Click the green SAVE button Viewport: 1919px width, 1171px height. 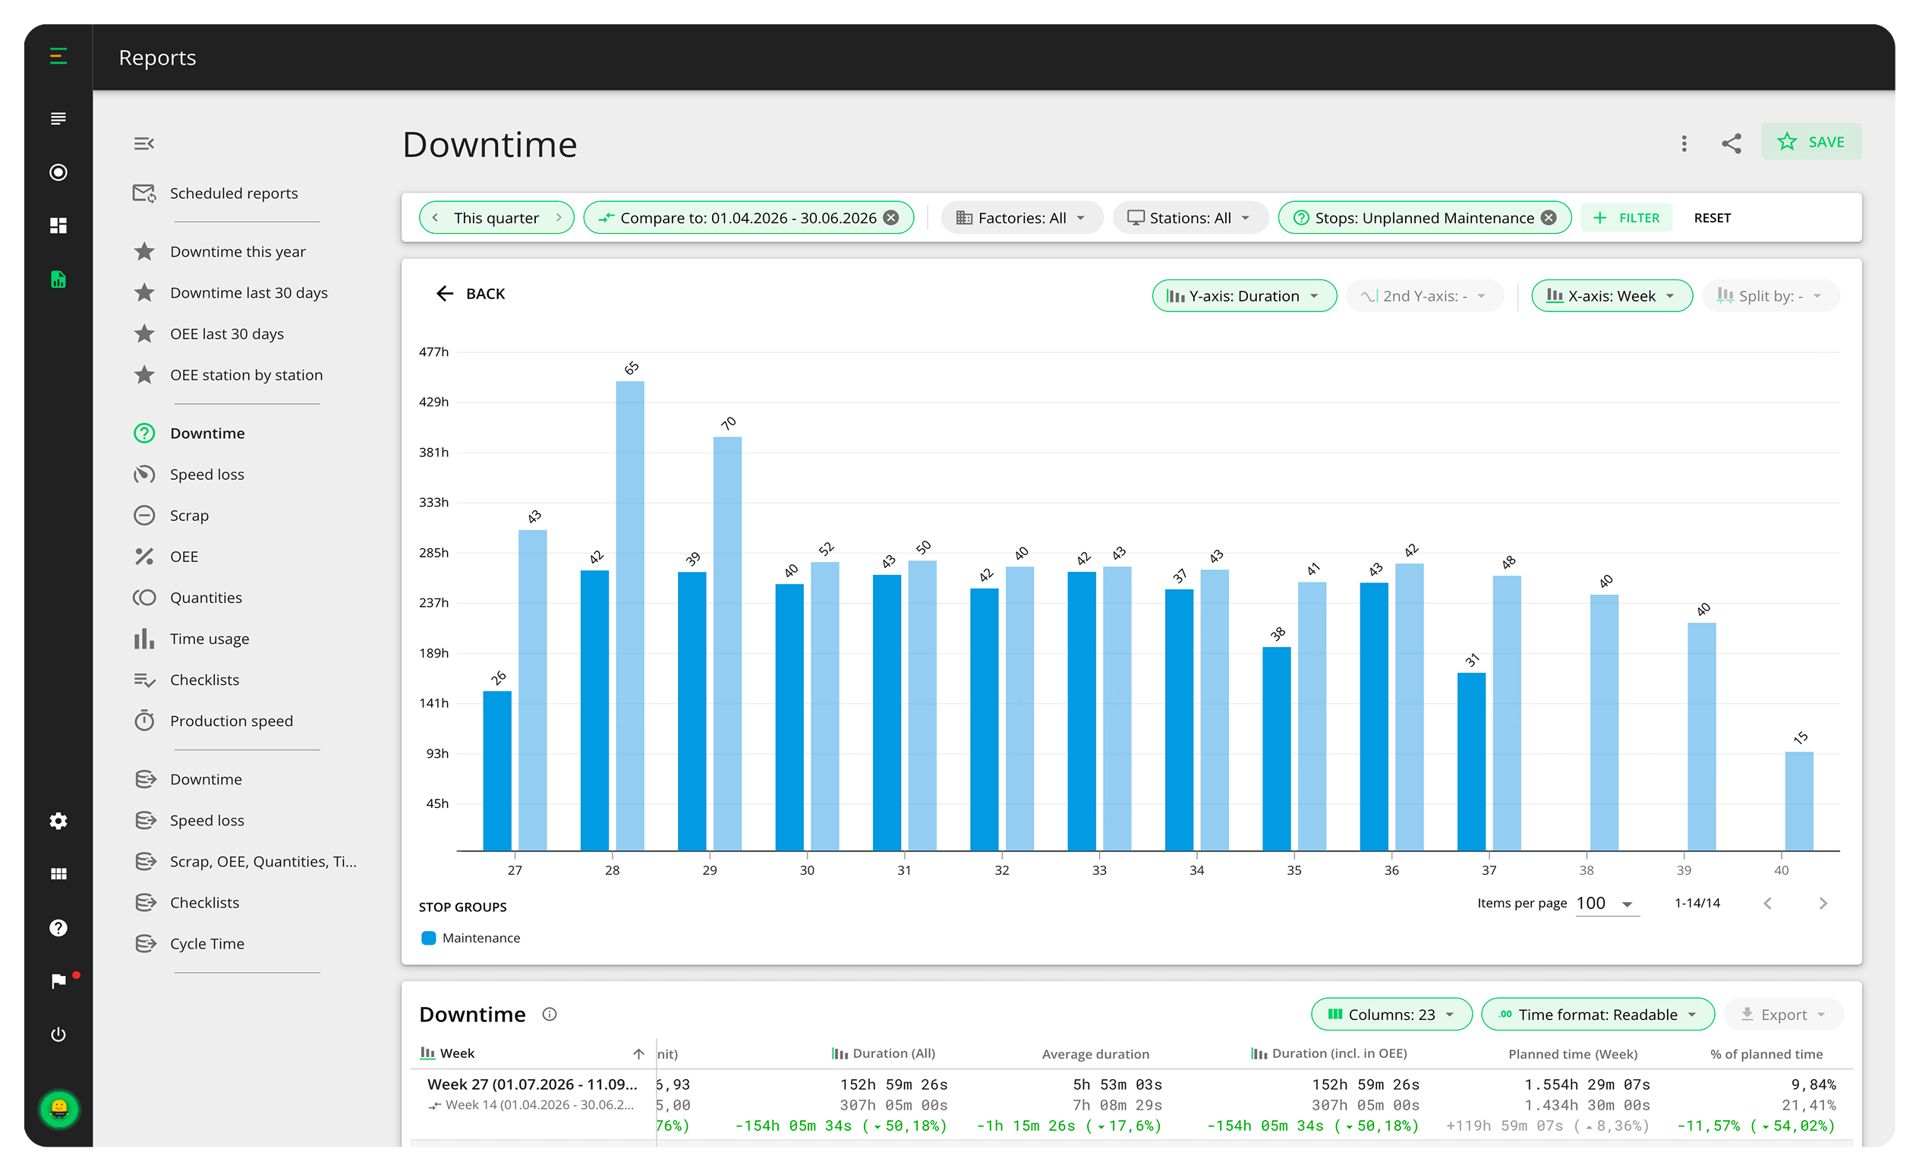pyautogui.click(x=1810, y=142)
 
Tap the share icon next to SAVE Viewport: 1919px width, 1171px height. pyautogui.click(x=1731, y=144)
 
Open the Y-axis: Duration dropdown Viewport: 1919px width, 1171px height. pyautogui.click(x=1243, y=296)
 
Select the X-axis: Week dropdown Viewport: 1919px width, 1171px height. pyautogui.click(x=1612, y=296)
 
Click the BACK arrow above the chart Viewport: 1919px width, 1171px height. pyautogui.click(x=445, y=294)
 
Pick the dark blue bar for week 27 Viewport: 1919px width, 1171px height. pyautogui.click(x=497, y=771)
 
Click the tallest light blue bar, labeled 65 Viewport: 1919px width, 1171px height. pyautogui.click(x=630, y=615)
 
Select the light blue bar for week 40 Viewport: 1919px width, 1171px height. pyautogui.click(x=1799, y=801)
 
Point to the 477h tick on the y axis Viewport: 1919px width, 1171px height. pyautogui.click(x=433, y=352)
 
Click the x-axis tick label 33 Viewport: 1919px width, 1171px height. pyautogui.click(x=1099, y=870)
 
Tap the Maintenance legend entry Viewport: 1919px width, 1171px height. pyautogui.click(x=471, y=938)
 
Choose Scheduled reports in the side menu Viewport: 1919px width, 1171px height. pyautogui.click(x=234, y=193)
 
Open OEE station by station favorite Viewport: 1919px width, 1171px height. pyautogui.click(x=246, y=374)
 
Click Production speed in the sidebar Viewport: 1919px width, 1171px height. pyautogui.click(x=232, y=721)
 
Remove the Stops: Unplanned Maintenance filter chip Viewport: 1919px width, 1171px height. pyautogui.click(x=1549, y=218)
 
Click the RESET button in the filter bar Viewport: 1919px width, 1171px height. pyautogui.click(x=1712, y=218)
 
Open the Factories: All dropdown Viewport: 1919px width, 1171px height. pyautogui.click(x=1021, y=218)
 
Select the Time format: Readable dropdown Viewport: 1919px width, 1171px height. pyautogui.click(x=1597, y=1015)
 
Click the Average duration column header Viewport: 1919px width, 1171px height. pyautogui.click(x=1095, y=1054)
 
